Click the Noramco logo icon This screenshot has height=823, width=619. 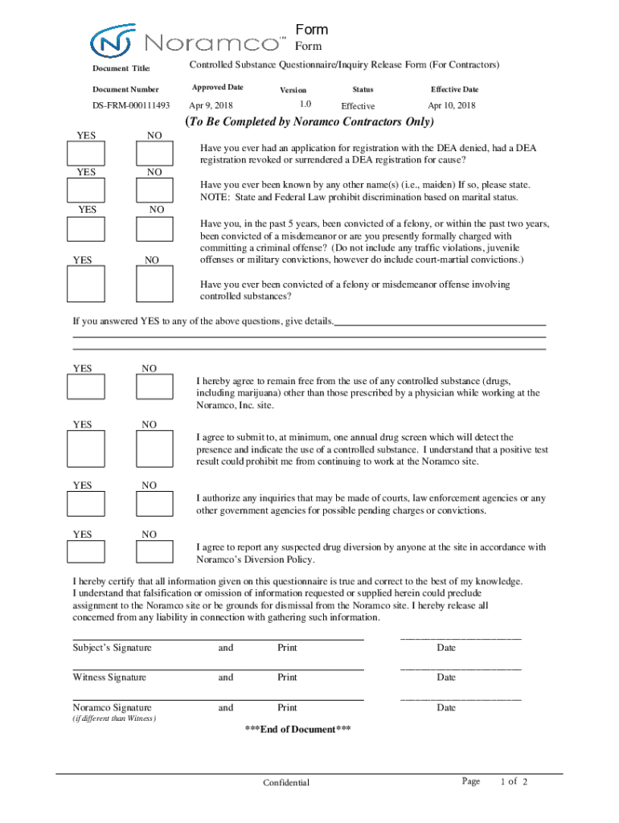113,41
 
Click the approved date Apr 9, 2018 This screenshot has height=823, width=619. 211,106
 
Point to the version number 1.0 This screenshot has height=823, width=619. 305,104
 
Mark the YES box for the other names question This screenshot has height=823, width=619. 85,190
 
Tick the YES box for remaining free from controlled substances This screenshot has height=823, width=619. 85,387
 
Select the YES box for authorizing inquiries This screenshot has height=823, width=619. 85,503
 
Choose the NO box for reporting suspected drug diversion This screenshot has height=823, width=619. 154,551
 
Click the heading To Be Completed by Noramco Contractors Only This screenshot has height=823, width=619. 309,123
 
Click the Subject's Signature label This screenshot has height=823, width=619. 112,648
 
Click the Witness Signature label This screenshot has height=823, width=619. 109,678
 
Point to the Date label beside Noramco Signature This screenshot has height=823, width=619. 446,708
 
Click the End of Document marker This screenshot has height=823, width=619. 297,730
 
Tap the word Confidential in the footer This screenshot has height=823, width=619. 286,783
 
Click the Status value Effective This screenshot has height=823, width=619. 358,106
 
